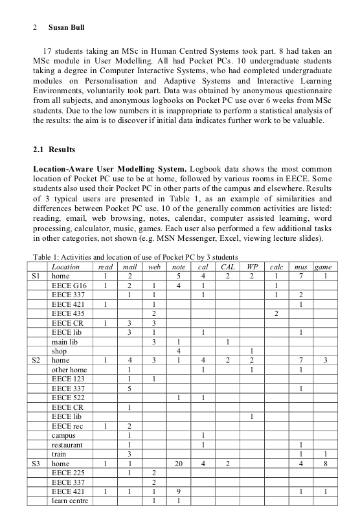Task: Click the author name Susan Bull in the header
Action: pyautogui.click(x=66, y=28)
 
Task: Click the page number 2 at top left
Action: pyautogui.click(x=34, y=28)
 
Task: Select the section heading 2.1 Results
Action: pyautogui.click(x=54, y=150)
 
